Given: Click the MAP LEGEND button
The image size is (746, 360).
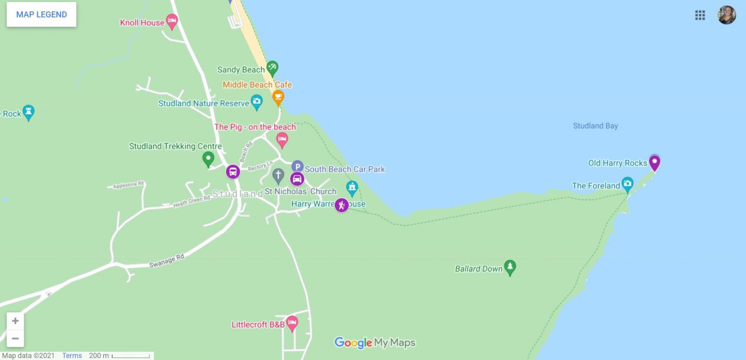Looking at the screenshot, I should [x=41, y=15].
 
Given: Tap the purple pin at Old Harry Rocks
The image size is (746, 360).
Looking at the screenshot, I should [x=655, y=162].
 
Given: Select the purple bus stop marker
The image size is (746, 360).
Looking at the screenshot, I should [x=233, y=171].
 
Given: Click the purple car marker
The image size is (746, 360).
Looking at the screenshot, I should [x=297, y=179].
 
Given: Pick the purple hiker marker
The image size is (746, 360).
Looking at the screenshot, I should [x=341, y=205].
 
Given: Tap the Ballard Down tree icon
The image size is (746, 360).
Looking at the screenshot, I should [x=509, y=267].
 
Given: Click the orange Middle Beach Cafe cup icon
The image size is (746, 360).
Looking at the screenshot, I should [x=278, y=97].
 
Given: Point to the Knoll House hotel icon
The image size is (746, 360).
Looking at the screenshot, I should [x=172, y=21].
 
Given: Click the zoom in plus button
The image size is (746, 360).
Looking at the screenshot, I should [x=15, y=321].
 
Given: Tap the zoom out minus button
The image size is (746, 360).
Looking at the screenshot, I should [x=15, y=338].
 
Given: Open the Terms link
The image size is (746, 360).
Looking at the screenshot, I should [x=72, y=356].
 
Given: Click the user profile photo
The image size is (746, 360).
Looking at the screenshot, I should [x=727, y=15].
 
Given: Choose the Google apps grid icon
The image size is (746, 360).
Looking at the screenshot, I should [x=700, y=15].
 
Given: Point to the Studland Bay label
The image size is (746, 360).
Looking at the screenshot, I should [x=595, y=126].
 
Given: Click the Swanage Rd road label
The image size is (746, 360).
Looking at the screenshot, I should [x=167, y=261].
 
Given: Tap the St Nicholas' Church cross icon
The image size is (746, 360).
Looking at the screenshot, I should [x=278, y=175].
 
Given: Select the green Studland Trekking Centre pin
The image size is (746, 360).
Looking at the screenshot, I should [x=208, y=158].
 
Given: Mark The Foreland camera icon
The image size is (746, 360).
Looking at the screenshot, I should [x=627, y=184].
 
